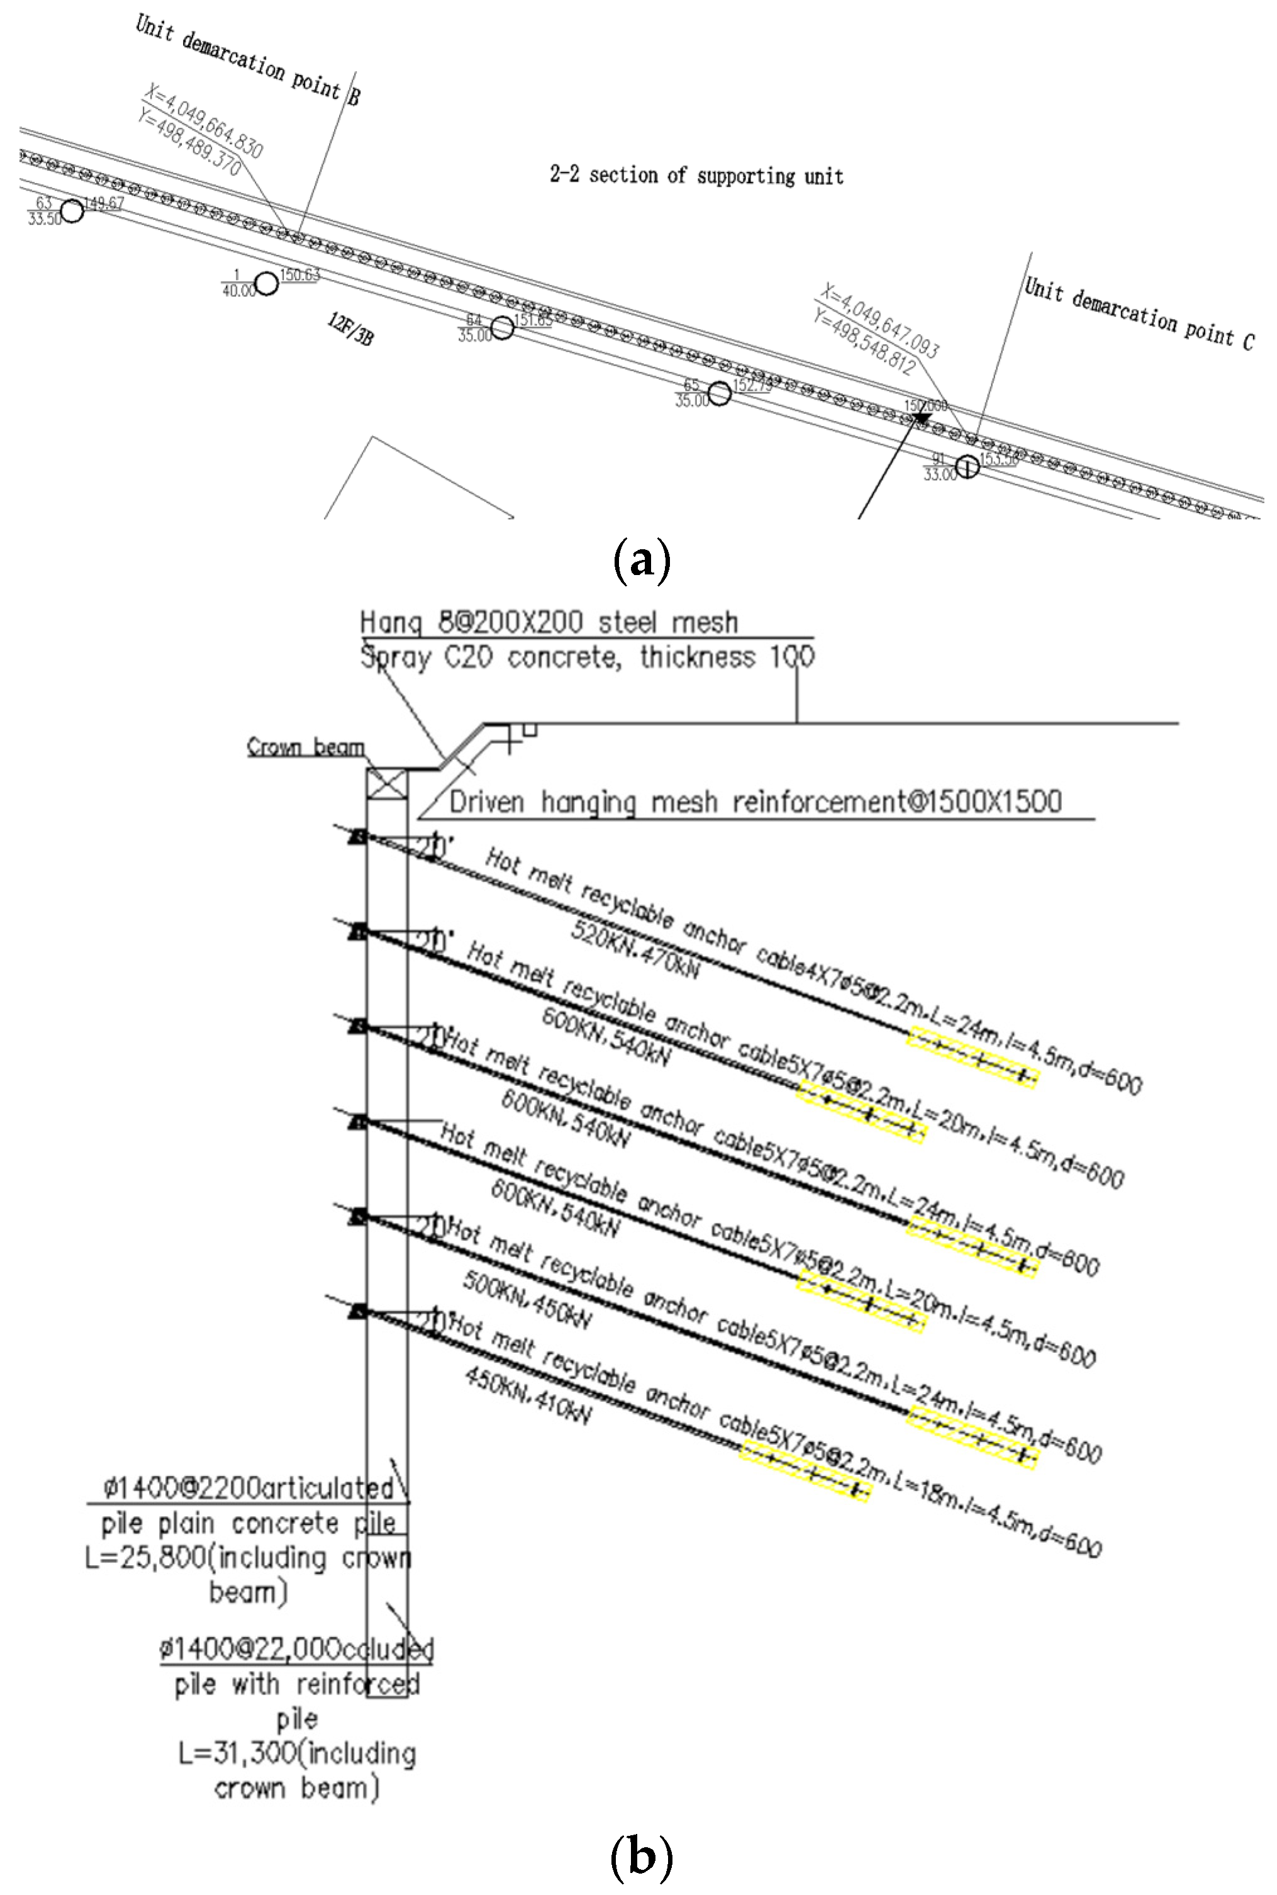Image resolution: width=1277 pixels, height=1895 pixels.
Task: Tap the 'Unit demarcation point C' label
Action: pos(1139,313)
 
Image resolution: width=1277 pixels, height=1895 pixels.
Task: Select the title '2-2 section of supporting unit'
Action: pos(696,175)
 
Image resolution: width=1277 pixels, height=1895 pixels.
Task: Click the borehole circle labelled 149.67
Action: pos(72,211)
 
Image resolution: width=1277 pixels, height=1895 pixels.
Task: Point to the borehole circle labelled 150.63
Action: pos(266,283)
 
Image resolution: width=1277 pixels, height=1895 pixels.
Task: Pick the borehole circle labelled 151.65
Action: pos(503,327)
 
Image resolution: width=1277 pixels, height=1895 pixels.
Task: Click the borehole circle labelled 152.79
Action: pos(719,393)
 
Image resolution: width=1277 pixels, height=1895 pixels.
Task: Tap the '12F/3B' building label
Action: pos(351,329)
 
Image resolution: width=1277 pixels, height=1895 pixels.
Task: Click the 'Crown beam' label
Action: pos(305,747)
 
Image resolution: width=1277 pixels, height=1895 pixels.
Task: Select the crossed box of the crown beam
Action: pos(387,785)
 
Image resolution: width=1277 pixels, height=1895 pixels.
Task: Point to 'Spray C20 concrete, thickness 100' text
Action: pos(586,657)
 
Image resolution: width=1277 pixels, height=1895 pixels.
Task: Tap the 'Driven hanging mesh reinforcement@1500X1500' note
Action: pos(755,802)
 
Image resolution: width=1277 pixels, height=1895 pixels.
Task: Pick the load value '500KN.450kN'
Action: pos(527,1297)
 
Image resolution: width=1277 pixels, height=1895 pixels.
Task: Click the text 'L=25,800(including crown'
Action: pos(248,1558)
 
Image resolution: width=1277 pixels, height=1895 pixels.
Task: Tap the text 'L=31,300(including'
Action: pos(298,1753)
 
